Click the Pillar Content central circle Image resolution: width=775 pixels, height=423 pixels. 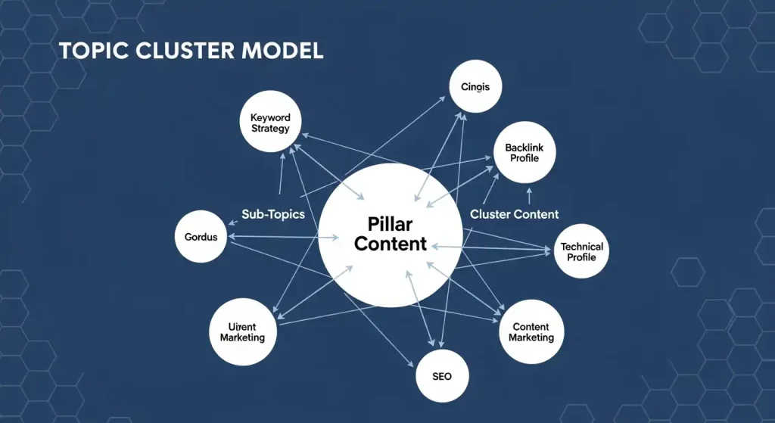390,234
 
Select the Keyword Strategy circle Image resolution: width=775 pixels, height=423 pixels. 270,123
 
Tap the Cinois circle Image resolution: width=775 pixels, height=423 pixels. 475,87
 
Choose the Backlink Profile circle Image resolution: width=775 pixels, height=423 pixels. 524,153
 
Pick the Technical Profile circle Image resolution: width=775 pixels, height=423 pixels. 582,252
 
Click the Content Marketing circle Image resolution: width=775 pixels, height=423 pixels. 531,331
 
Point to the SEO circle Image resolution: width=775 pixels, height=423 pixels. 443,376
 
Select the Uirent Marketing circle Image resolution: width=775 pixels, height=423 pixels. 242,331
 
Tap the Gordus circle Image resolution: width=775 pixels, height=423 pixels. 201,237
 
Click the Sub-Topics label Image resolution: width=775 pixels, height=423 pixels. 273,214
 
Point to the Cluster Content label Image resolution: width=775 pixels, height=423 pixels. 515,214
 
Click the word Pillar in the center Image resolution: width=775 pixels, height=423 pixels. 390,224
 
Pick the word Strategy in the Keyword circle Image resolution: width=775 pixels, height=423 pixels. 270,129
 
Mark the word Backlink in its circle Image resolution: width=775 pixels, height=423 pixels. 524,148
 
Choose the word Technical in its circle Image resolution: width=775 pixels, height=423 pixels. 582,247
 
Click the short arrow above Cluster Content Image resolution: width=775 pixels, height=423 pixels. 528,195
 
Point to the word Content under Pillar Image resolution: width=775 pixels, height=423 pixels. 390,244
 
